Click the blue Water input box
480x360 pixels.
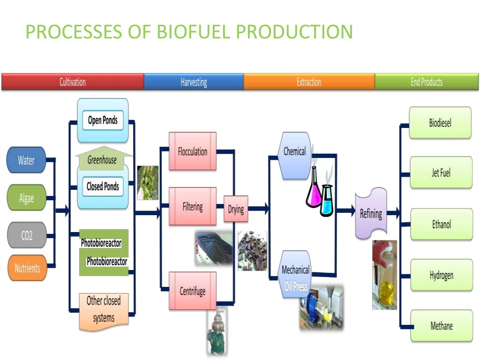tap(26, 160)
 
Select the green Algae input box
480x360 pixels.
tap(26, 197)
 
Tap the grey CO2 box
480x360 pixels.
tap(26, 235)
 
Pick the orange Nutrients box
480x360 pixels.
tap(27, 268)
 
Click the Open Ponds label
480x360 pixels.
tap(103, 120)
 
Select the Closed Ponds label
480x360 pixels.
tap(103, 187)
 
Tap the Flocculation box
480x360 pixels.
tap(192, 151)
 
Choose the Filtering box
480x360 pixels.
tap(192, 206)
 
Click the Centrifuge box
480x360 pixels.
tap(192, 291)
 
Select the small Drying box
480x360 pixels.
tap(236, 209)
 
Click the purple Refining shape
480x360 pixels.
tap(371, 214)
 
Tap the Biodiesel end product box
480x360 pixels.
tap(440, 123)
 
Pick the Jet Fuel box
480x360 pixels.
tap(441, 172)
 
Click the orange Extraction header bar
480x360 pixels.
tap(309, 82)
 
